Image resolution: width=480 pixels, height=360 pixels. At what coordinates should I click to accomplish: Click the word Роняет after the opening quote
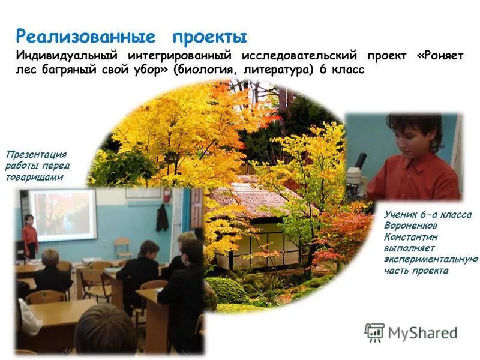442,56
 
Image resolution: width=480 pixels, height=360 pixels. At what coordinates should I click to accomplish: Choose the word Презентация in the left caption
35,154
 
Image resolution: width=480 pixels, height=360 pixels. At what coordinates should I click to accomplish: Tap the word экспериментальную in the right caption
431,259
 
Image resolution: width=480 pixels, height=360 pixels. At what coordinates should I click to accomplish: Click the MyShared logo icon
374,332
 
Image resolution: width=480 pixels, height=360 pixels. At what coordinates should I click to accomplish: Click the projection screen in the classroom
62,214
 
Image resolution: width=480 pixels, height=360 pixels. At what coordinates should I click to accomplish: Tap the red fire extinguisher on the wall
168,195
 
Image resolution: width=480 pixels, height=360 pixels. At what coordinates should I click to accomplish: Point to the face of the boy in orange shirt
413,139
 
